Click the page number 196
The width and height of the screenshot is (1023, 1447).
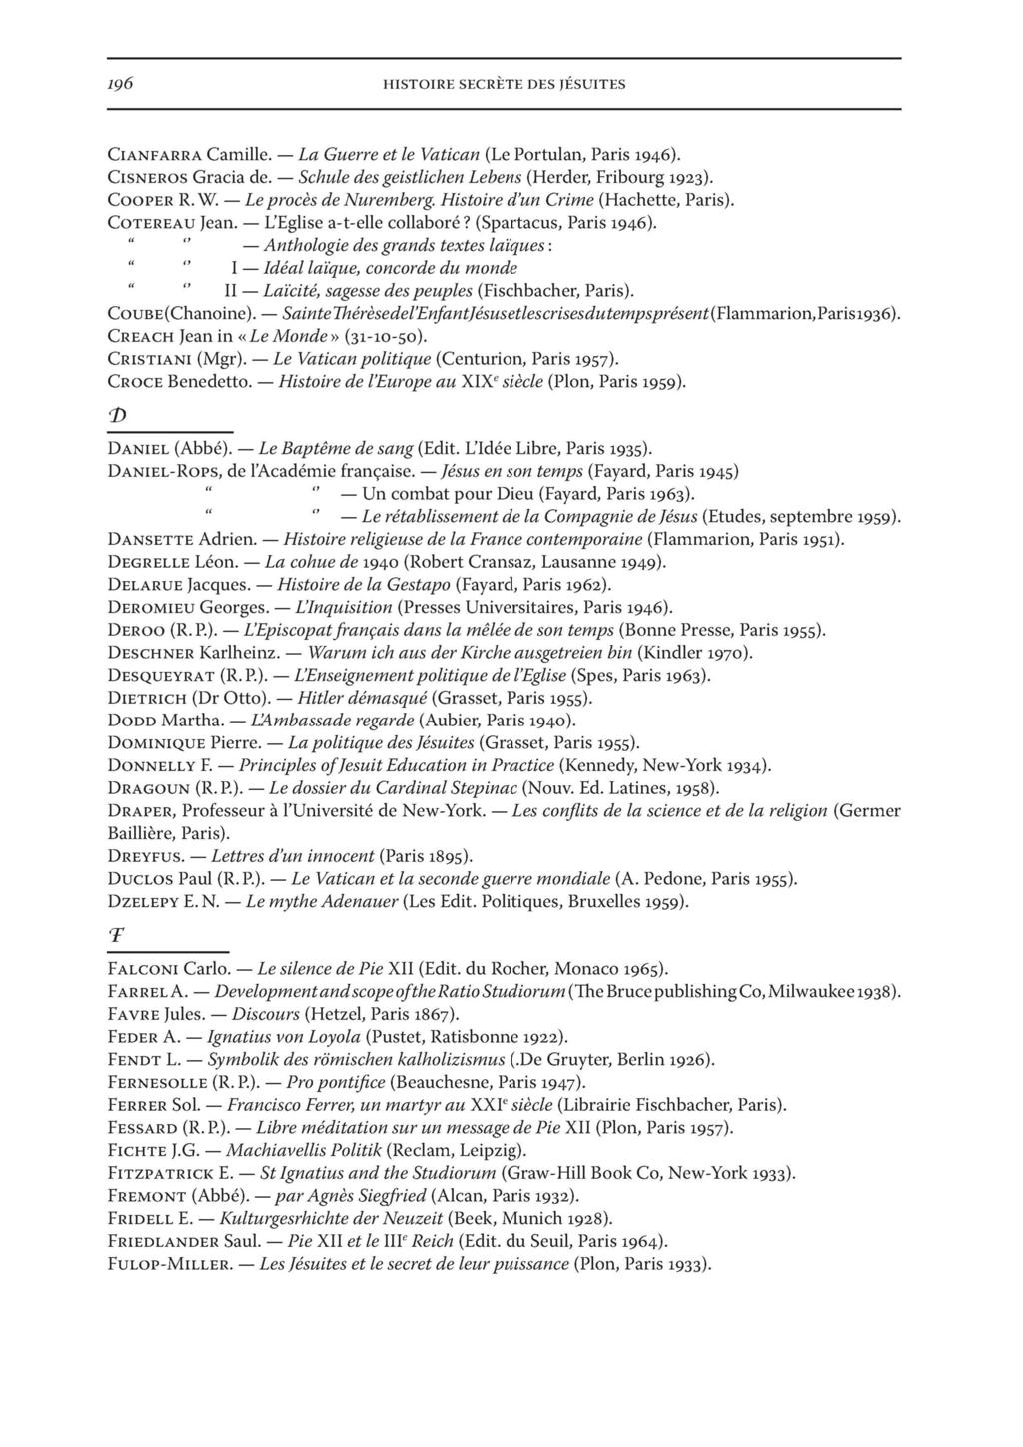click(x=121, y=84)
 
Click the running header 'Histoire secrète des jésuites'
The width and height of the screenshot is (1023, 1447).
click(x=505, y=85)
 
